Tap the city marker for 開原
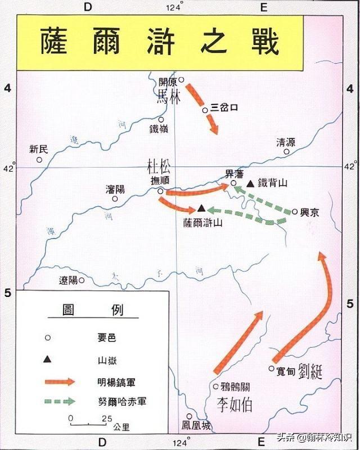click(x=181, y=80)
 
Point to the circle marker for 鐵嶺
click(x=161, y=119)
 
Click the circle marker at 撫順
click(x=160, y=191)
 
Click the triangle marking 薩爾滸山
click(x=200, y=208)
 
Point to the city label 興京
click(x=310, y=212)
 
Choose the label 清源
click(x=286, y=142)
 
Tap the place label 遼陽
click(x=67, y=280)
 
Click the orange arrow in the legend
click(x=60, y=381)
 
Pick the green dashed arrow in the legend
click(x=60, y=402)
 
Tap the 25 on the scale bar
click(x=106, y=418)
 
